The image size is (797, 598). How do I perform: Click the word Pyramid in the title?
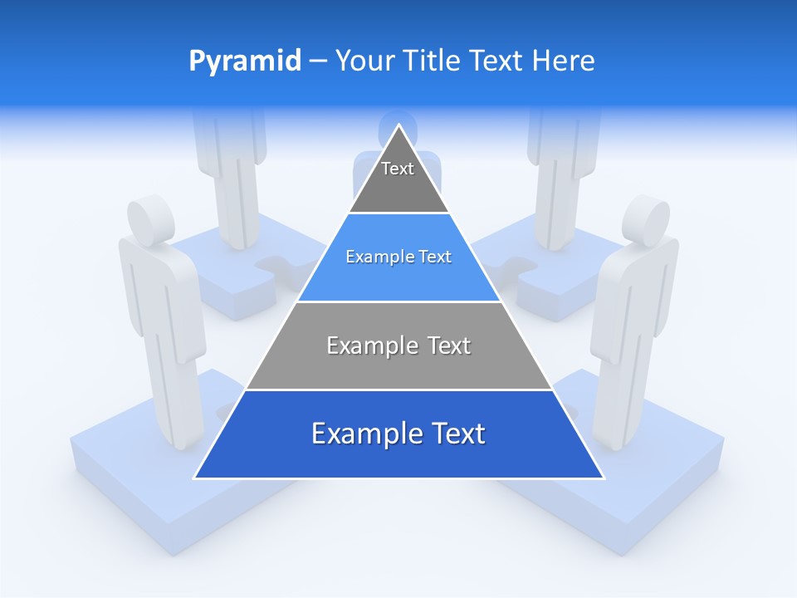(x=245, y=61)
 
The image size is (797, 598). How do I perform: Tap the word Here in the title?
(x=564, y=61)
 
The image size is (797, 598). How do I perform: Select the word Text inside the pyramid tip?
(x=398, y=169)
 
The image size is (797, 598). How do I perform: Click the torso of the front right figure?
(x=635, y=291)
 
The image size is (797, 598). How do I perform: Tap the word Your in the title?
(x=364, y=61)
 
